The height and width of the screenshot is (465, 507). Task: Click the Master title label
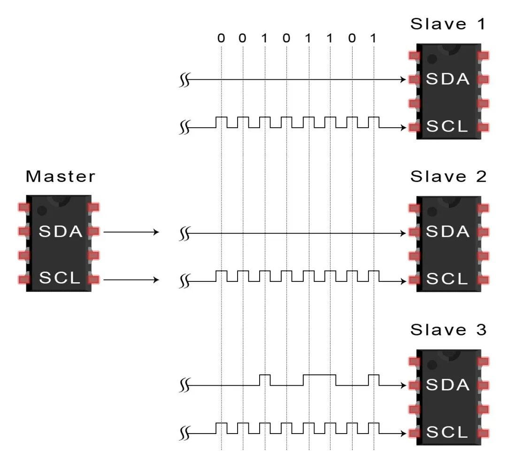coord(60,177)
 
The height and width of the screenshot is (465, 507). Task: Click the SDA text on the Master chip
coord(61,232)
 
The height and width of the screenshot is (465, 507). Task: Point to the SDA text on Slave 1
coord(447,79)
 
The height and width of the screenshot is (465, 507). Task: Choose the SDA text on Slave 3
coord(447,385)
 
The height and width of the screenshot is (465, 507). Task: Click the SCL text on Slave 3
coord(447,432)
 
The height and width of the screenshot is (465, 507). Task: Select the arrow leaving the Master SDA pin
coord(131,232)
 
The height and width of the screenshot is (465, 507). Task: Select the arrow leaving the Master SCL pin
coord(131,280)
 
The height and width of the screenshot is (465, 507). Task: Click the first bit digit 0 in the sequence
coord(221,38)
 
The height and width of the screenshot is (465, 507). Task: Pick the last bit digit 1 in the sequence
coord(373,38)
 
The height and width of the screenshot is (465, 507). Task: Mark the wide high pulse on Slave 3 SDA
coord(319,375)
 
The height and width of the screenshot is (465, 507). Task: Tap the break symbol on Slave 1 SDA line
coord(184,80)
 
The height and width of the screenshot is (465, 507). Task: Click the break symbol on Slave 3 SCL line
coord(184,433)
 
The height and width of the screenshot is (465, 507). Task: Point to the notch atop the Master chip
coord(60,198)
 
